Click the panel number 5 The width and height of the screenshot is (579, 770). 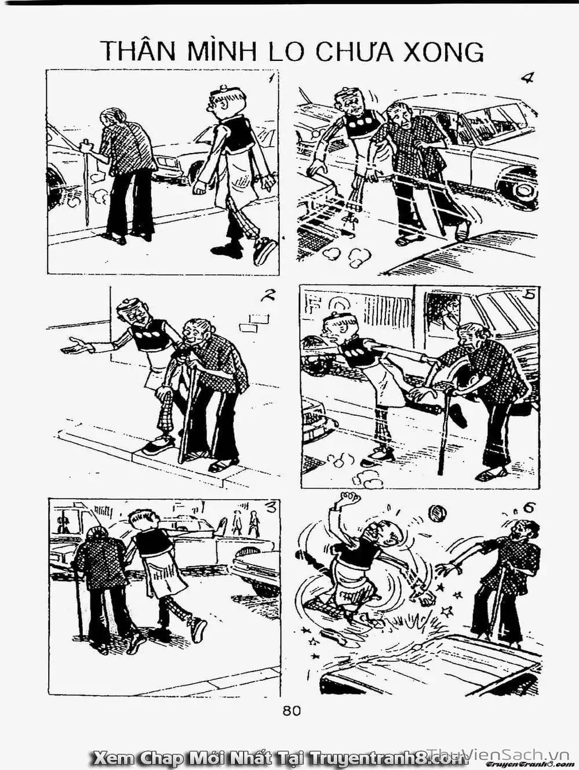(531, 295)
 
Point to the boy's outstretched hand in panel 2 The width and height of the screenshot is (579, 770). (75, 346)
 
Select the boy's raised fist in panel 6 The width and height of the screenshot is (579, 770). (349, 499)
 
